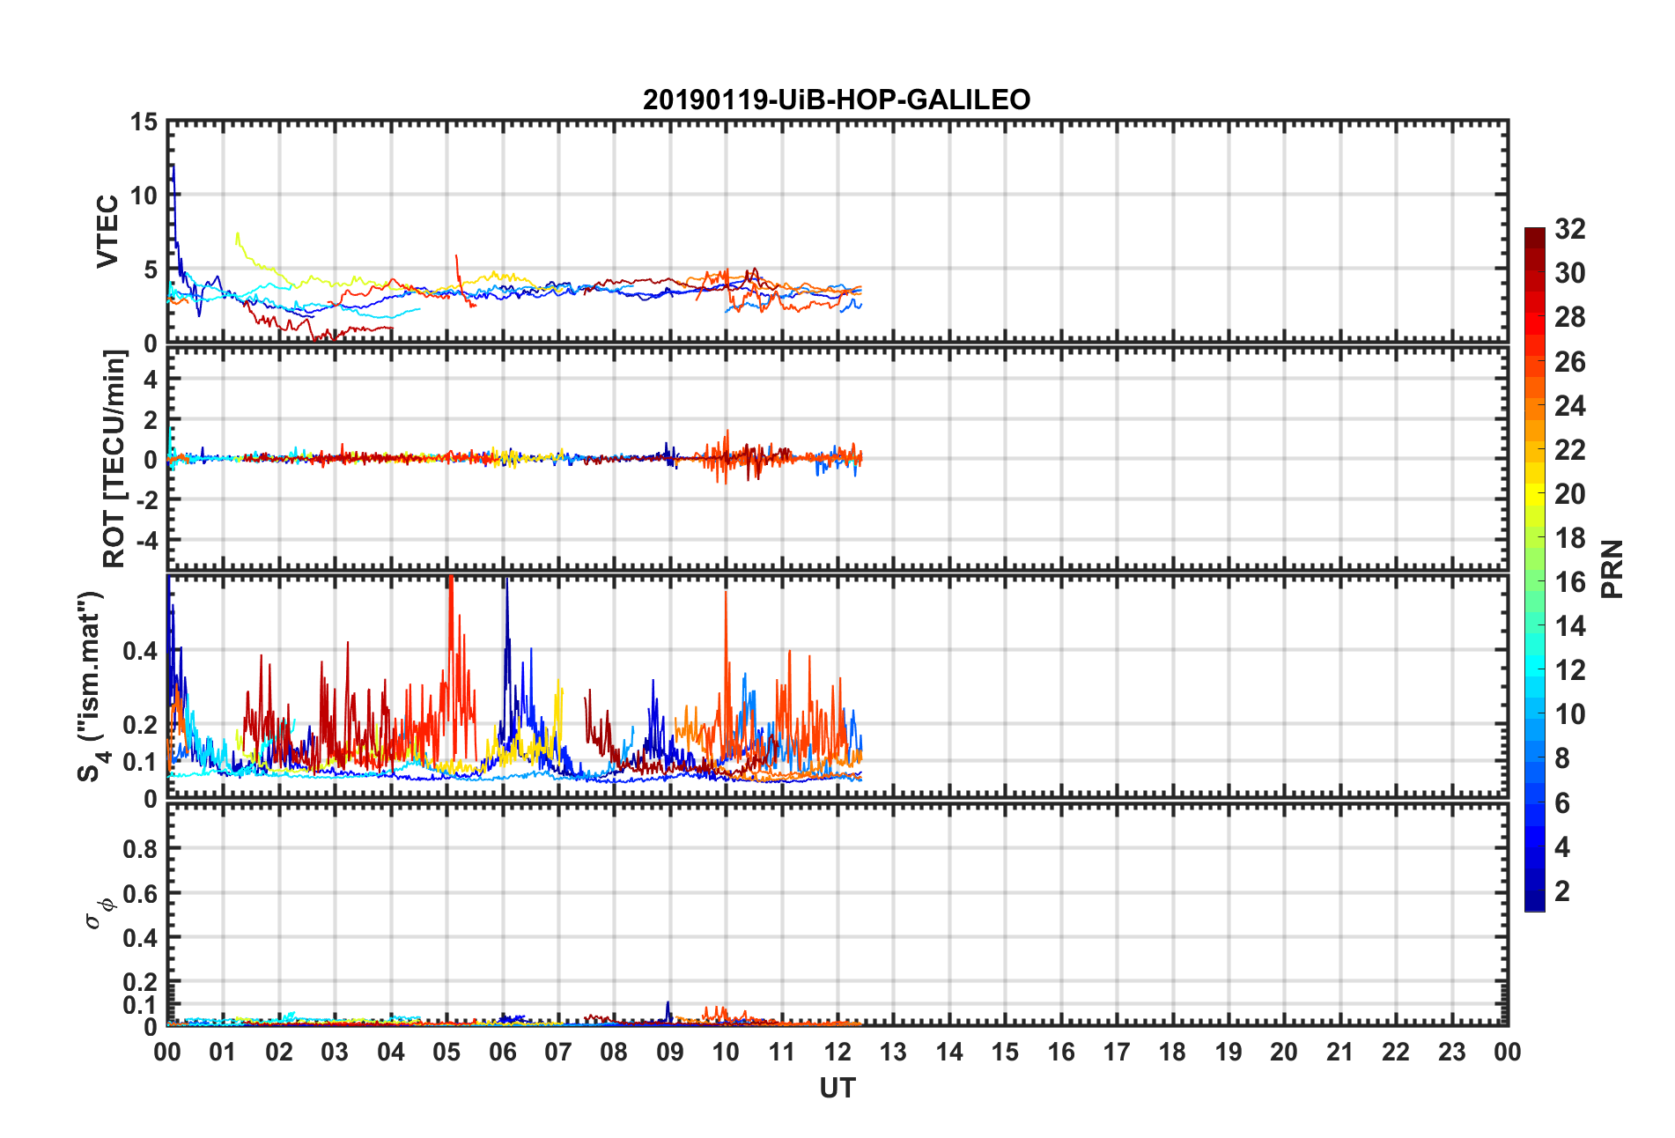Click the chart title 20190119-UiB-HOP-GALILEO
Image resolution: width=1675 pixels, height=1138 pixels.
tap(837, 100)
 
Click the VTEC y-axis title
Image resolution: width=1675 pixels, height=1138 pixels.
tap(107, 231)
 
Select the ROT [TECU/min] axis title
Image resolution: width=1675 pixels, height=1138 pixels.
tap(114, 458)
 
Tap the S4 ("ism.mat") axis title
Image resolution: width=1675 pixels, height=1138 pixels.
tap(91, 687)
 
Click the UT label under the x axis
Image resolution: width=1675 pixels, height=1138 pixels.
tap(837, 1089)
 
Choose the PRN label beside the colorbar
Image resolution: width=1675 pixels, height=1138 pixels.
tap(1612, 569)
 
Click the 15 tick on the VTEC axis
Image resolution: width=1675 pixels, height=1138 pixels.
tap(144, 122)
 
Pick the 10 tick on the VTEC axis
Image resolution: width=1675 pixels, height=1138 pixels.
tap(144, 196)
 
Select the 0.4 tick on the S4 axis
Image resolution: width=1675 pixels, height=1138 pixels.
tap(140, 651)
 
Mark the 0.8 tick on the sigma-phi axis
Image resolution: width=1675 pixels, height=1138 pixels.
tap(140, 848)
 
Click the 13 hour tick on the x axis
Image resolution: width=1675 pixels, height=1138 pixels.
tap(893, 1052)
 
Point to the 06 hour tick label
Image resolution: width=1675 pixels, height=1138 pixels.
tap(502, 1052)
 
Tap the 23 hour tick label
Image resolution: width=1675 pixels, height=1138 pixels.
tap(1451, 1052)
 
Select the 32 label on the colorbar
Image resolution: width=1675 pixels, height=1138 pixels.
tap(1570, 229)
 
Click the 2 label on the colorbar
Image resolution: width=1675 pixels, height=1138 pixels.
tap(1562, 891)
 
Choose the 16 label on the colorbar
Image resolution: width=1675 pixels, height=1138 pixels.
tap(1570, 582)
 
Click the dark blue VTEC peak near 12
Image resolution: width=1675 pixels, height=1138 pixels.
tap(173, 165)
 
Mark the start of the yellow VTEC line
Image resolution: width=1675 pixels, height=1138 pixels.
tap(237, 234)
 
